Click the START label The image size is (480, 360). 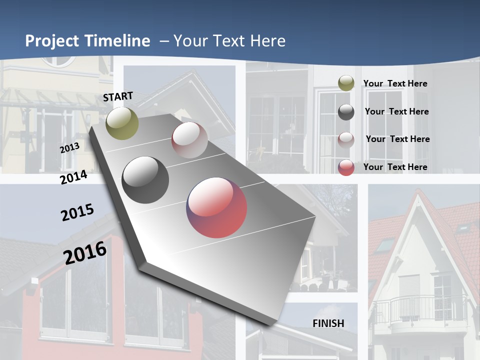tap(118, 96)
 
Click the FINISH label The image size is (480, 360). tap(328, 323)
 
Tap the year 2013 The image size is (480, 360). tap(69, 148)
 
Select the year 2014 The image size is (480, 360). tap(73, 177)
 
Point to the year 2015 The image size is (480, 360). tap(77, 212)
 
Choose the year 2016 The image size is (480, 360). tap(85, 252)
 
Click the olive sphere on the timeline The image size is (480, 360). tap(122, 123)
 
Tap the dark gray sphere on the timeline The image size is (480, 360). tap(145, 180)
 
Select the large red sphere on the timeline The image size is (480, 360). tap(216, 207)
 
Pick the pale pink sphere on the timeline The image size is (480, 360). tap(189, 140)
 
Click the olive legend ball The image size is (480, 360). tap(346, 83)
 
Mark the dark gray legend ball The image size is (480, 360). tap(346, 111)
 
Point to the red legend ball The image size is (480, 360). tap(346, 167)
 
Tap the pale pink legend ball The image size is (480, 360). tap(346, 139)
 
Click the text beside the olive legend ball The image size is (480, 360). tap(395, 83)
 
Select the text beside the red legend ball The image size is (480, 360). tap(395, 167)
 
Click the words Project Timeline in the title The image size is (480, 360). tap(87, 41)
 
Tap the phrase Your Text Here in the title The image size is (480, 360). tap(229, 41)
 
